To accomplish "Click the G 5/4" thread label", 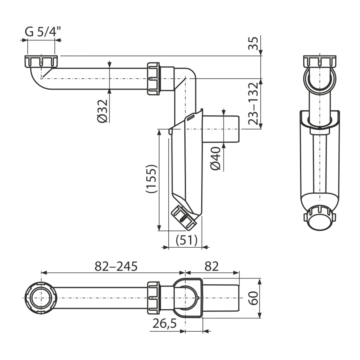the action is pyautogui.click(x=43, y=32).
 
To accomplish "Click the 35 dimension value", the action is pyautogui.click(x=254, y=43).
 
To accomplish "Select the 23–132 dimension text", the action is pyautogui.click(x=254, y=104).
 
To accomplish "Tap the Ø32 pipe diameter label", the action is pyautogui.click(x=102, y=111).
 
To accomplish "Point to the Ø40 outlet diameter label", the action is pyautogui.click(x=216, y=159).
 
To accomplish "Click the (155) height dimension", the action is pyautogui.click(x=152, y=179).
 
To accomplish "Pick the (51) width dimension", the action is pyautogui.click(x=186, y=240).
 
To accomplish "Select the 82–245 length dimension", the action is pyautogui.click(x=116, y=266).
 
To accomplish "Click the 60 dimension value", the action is pyautogui.click(x=254, y=298).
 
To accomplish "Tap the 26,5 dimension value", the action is pyautogui.click(x=165, y=324).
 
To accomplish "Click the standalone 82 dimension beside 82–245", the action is pyautogui.click(x=212, y=266).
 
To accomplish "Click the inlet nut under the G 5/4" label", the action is pyautogui.click(x=41, y=61).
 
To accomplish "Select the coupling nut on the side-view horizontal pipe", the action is pyautogui.click(x=153, y=79).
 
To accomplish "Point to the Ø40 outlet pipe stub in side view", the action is pyautogui.click(x=221, y=129).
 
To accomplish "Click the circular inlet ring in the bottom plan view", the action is pyautogui.click(x=41, y=298).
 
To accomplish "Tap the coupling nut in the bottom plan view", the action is pyautogui.click(x=153, y=298).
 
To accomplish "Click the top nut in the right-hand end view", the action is pyautogui.click(x=320, y=61).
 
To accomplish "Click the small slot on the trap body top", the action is pyautogui.click(x=190, y=118).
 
